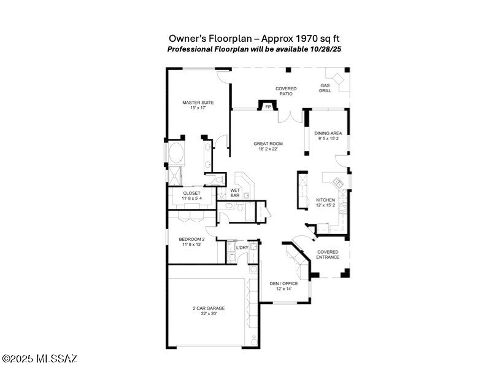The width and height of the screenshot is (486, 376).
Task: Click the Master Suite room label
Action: tap(198, 105)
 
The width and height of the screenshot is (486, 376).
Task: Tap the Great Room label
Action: tap(268, 146)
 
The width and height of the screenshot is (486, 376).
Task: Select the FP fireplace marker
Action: tap(268, 107)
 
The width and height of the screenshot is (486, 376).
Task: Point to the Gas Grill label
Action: tap(325, 88)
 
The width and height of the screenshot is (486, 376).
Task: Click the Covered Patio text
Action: tap(286, 91)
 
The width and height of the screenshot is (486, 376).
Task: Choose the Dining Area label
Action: tap(328, 136)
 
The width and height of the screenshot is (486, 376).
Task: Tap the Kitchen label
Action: tap(325, 203)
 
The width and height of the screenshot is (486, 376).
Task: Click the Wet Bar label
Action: tap(235, 193)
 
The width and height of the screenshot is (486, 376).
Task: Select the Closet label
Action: tap(191, 195)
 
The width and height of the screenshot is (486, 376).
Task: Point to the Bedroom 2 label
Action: tap(191, 241)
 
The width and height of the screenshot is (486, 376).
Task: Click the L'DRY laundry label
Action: tap(242, 248)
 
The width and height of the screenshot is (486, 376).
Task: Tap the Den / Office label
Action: tap(283, 286)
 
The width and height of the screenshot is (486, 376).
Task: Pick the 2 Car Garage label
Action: tap(209, 311)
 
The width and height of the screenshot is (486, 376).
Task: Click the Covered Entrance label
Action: tap(328, 254)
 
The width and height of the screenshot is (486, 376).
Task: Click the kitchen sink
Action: tap(338, 182)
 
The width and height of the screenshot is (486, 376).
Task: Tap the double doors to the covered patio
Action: tap(290, 117)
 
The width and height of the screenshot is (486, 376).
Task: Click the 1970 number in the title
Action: tap(307, 39)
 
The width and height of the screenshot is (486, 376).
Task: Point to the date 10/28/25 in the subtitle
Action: tap(326, 49)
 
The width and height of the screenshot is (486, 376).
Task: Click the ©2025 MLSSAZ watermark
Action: tap(39, 359)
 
